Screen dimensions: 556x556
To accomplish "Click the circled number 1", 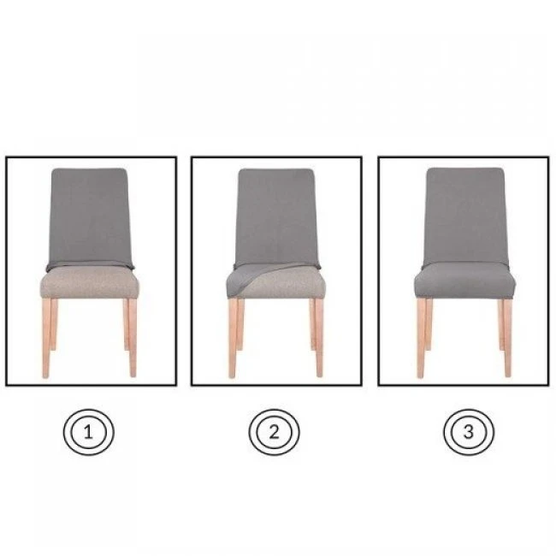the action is [x=88, y=432].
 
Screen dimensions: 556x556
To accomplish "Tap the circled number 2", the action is [x=274, y=432].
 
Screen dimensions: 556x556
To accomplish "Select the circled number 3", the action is [x=469, y=432].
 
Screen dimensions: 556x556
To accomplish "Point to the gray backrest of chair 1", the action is [x=90, y=216].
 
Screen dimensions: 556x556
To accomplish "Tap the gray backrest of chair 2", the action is [x=276, y=216].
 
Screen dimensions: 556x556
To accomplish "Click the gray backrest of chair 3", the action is [x=465, y=216].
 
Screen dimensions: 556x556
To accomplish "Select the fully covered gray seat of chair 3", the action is [x=464, y=280].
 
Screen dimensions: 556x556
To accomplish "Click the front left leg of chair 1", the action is [x=46, y=338].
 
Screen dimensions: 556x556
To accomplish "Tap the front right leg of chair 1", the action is [x=133, y=338].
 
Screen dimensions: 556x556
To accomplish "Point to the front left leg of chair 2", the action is [x=233, y=338].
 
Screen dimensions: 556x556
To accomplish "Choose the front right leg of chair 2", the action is [x=319, y=338].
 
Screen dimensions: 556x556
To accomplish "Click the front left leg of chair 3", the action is [x=421, y=338].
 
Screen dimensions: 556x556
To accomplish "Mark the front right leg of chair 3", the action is [x=507, y=338].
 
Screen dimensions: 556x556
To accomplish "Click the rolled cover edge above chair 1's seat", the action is [x=90, y=265].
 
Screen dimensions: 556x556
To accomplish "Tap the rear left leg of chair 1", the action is [x=54, y=324].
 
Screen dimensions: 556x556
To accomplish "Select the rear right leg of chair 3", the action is [x=500, y=325].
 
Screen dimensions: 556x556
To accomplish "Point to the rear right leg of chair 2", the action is [x=312, y=324].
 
